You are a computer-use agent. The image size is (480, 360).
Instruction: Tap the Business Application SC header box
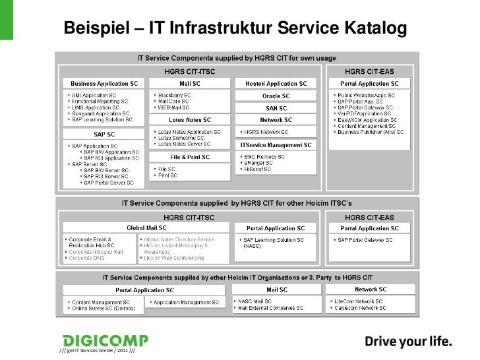(x=105, y=84)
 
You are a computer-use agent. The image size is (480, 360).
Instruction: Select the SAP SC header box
(x=105, y=133)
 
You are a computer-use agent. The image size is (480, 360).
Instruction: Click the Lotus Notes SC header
(x=190, y=120)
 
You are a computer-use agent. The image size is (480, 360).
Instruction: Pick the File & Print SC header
(x=190, y=157)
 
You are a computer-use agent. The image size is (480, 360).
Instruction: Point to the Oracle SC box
(x=276, y=96)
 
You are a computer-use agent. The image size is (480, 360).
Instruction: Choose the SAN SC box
(x=276, y=108)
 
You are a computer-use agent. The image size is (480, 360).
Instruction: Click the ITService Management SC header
(x=277, y=144)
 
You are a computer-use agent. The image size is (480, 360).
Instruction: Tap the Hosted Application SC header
(x=276, y=84)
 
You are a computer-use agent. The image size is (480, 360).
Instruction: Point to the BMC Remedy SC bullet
(x=264, y=157)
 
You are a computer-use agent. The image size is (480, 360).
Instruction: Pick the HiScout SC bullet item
(x=259, y=169)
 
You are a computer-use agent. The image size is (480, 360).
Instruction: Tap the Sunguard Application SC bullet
(x=101, y=113)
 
